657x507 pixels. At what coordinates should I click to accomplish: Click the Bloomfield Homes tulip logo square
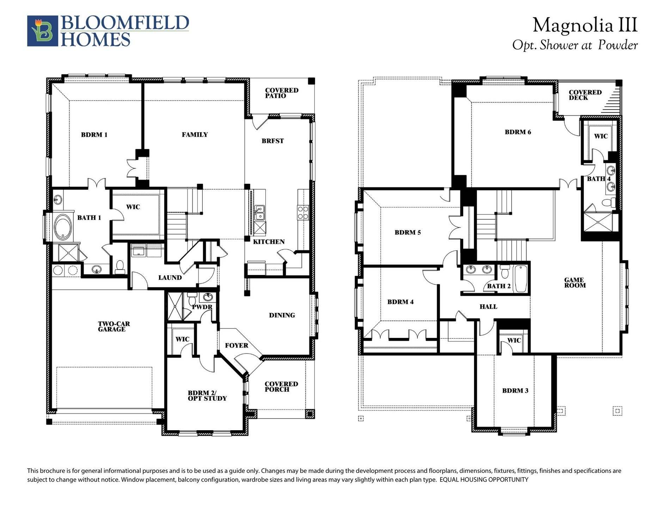coord(43,31)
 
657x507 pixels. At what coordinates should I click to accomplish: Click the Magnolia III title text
coord(585,25)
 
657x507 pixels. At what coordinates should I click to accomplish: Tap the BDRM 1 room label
coord(94,135)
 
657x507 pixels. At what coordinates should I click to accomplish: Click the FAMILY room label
coord(195,134)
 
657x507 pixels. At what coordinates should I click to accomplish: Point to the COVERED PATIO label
coord(281,93)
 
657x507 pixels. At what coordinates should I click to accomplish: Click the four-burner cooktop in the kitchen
coord(303,213)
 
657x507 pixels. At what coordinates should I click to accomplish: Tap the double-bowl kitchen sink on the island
coord(260,212)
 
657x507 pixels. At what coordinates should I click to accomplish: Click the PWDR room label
coord(202,307)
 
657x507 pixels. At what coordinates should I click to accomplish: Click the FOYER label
coord(237,345)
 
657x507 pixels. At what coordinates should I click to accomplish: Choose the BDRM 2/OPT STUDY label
coord(207,396)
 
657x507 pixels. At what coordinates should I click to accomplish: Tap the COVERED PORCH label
coord(281,387)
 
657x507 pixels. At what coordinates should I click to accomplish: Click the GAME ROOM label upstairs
coord(575,283)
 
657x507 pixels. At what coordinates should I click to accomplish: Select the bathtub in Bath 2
coord(521,279)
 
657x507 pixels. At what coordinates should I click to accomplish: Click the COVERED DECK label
coord(585,95)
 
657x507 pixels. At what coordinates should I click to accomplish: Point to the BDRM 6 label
coord(518,132)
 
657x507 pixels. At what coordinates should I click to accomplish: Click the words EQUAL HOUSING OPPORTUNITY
coord(484,480)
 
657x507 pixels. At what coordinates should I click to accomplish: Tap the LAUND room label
coord(170,278)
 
